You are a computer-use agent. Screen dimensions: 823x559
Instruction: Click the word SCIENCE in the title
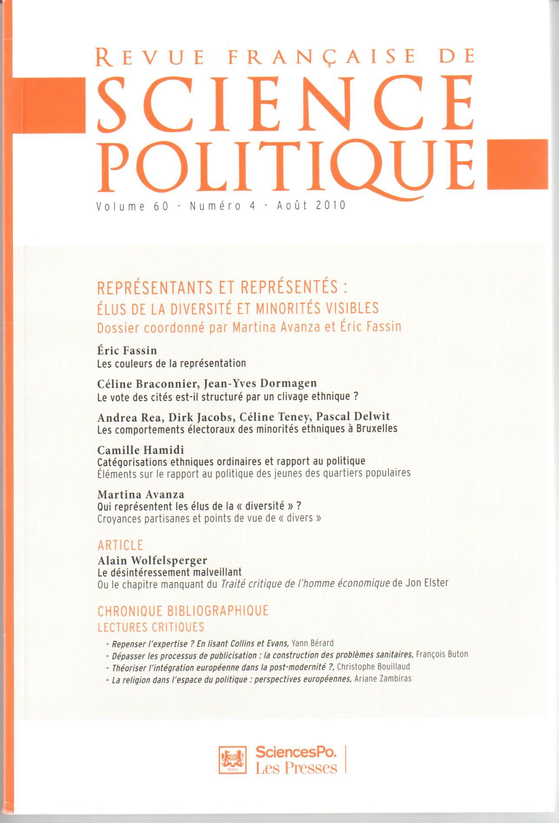coord(285,103)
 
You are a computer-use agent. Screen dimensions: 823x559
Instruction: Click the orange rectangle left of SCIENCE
coord(50,105)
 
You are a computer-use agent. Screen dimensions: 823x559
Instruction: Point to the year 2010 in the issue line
coord(331,205)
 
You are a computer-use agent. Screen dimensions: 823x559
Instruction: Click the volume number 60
coord(160,206)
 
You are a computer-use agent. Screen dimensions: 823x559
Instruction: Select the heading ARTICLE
coord(120,545)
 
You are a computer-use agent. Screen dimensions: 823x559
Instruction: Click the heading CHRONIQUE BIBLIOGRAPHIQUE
coord(183,611)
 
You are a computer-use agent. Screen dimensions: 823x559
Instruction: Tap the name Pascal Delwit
coord(353,417)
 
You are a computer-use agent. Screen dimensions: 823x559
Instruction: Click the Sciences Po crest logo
coord(232,760)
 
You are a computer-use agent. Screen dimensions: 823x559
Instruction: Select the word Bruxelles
coord(376,428)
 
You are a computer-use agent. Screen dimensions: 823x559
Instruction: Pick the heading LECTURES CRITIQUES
coord(151,627)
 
